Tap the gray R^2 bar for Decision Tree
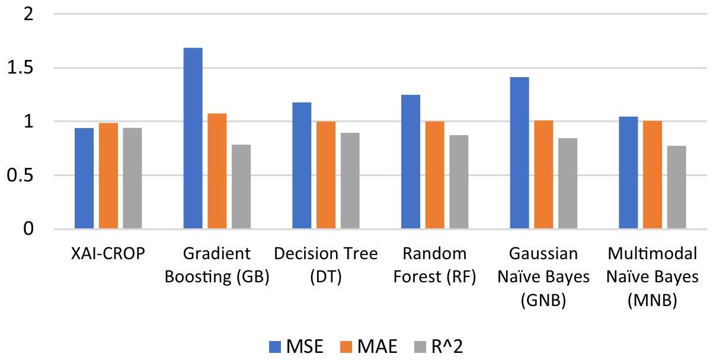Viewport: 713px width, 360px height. (350, 181)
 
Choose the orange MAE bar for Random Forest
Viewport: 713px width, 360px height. (434, 175)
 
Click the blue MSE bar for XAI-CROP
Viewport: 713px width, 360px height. (84, 179)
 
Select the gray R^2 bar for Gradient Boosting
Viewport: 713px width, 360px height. (241, 187)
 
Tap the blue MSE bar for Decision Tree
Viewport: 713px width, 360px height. (302, 165)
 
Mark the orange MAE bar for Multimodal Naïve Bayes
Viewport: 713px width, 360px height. (653, 175)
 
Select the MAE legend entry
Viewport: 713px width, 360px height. (371, 345)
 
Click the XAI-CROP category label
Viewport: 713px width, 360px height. (108, 255)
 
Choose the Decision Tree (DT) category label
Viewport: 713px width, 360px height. (326, 266)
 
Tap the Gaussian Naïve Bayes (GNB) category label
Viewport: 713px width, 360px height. (543, 277)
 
